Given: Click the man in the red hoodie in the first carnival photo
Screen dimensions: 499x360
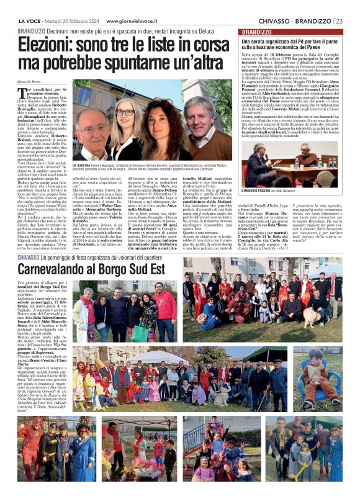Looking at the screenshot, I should (164, 304).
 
